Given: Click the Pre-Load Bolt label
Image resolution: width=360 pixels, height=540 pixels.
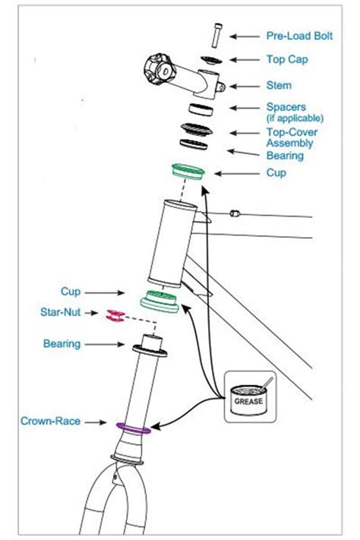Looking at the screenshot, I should pos(298,36).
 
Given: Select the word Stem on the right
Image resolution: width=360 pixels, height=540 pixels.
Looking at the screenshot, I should pos(279,86).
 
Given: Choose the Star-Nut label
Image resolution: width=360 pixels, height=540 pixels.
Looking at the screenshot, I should pos(62,312).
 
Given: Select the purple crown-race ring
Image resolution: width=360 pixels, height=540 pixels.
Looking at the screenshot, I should pos(132,428).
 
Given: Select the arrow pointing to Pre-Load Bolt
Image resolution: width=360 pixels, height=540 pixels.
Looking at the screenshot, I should pos(245,36).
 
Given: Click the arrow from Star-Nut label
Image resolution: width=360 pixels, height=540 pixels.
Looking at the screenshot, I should pos(94,312).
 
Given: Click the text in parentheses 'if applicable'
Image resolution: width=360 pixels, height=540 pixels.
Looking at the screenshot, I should pos(295,118).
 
